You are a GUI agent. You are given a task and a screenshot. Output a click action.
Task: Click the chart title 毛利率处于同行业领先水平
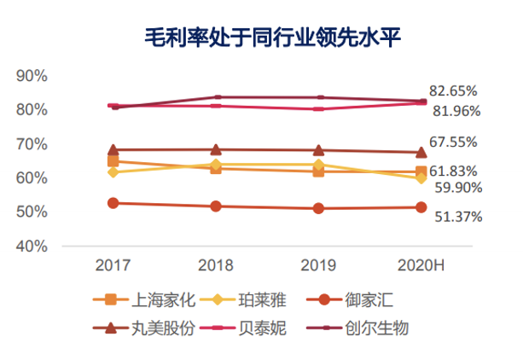[261, 37]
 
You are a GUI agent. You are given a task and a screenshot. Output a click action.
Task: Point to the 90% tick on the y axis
[32, 76]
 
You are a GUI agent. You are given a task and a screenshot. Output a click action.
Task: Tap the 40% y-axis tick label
[32, 246]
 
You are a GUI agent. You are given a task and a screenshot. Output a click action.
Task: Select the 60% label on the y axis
[32, 177]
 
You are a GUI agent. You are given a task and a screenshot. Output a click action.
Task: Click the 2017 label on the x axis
[113, 265]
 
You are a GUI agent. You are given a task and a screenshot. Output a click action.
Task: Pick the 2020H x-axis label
[421, 265]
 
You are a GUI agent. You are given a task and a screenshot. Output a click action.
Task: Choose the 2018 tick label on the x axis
[216, 265]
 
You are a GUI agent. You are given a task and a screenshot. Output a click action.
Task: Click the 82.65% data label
[453, 90]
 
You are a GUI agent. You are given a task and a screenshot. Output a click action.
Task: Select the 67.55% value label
[453, 142]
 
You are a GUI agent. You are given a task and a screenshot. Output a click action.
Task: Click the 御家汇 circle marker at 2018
[216, 206]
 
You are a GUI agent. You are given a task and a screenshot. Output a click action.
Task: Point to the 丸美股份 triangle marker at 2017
[113, 150]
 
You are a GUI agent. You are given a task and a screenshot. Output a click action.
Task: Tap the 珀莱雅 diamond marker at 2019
[318, 165]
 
